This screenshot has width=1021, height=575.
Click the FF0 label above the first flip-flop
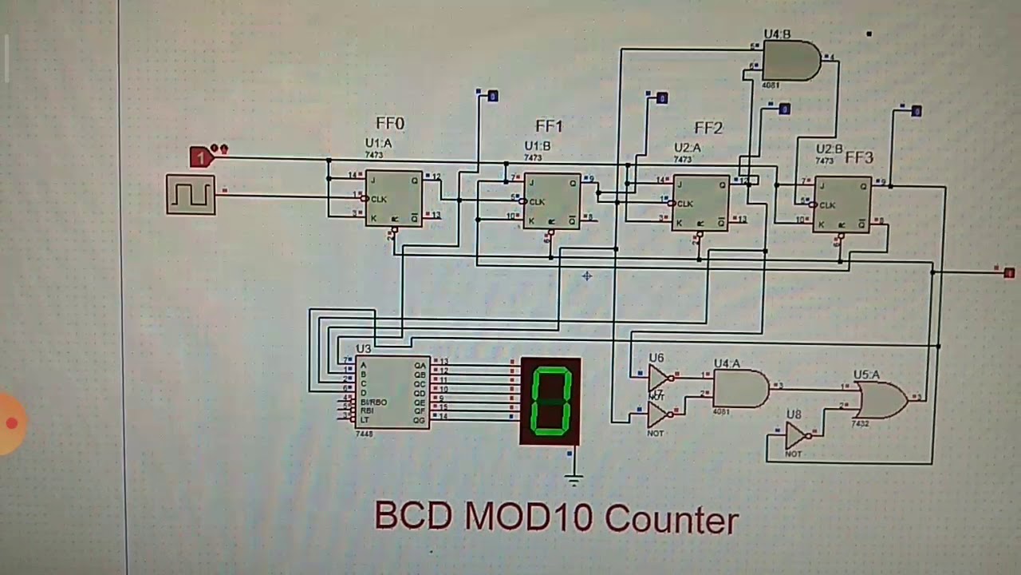(x=390, y=124)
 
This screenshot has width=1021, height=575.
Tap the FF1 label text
(x=549, y=126)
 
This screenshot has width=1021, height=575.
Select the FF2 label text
(x=708, y=128)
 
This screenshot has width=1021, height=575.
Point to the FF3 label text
(x=859, y=157)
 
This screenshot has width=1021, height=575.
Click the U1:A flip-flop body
(x=394, y=199)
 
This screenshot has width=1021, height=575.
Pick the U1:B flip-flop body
(x=552, y=201)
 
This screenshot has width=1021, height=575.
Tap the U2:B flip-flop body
(x=842, y=204)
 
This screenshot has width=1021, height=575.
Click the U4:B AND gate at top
(x=790, y=61)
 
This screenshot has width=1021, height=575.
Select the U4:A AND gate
(x=740, y=390)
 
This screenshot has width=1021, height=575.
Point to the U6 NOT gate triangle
(x=660, y=377)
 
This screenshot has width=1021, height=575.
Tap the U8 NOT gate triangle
(x=796, y=436)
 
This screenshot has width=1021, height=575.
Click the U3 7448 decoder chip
(x=392, y=393)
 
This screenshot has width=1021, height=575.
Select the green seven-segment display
(x=550, y=401)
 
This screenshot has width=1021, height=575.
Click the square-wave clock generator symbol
(x=191, y=194)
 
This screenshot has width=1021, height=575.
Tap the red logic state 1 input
(x=201, y=157)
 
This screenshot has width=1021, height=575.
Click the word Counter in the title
(x=672, y=520)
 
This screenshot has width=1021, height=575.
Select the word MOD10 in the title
(x=530, y=517)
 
